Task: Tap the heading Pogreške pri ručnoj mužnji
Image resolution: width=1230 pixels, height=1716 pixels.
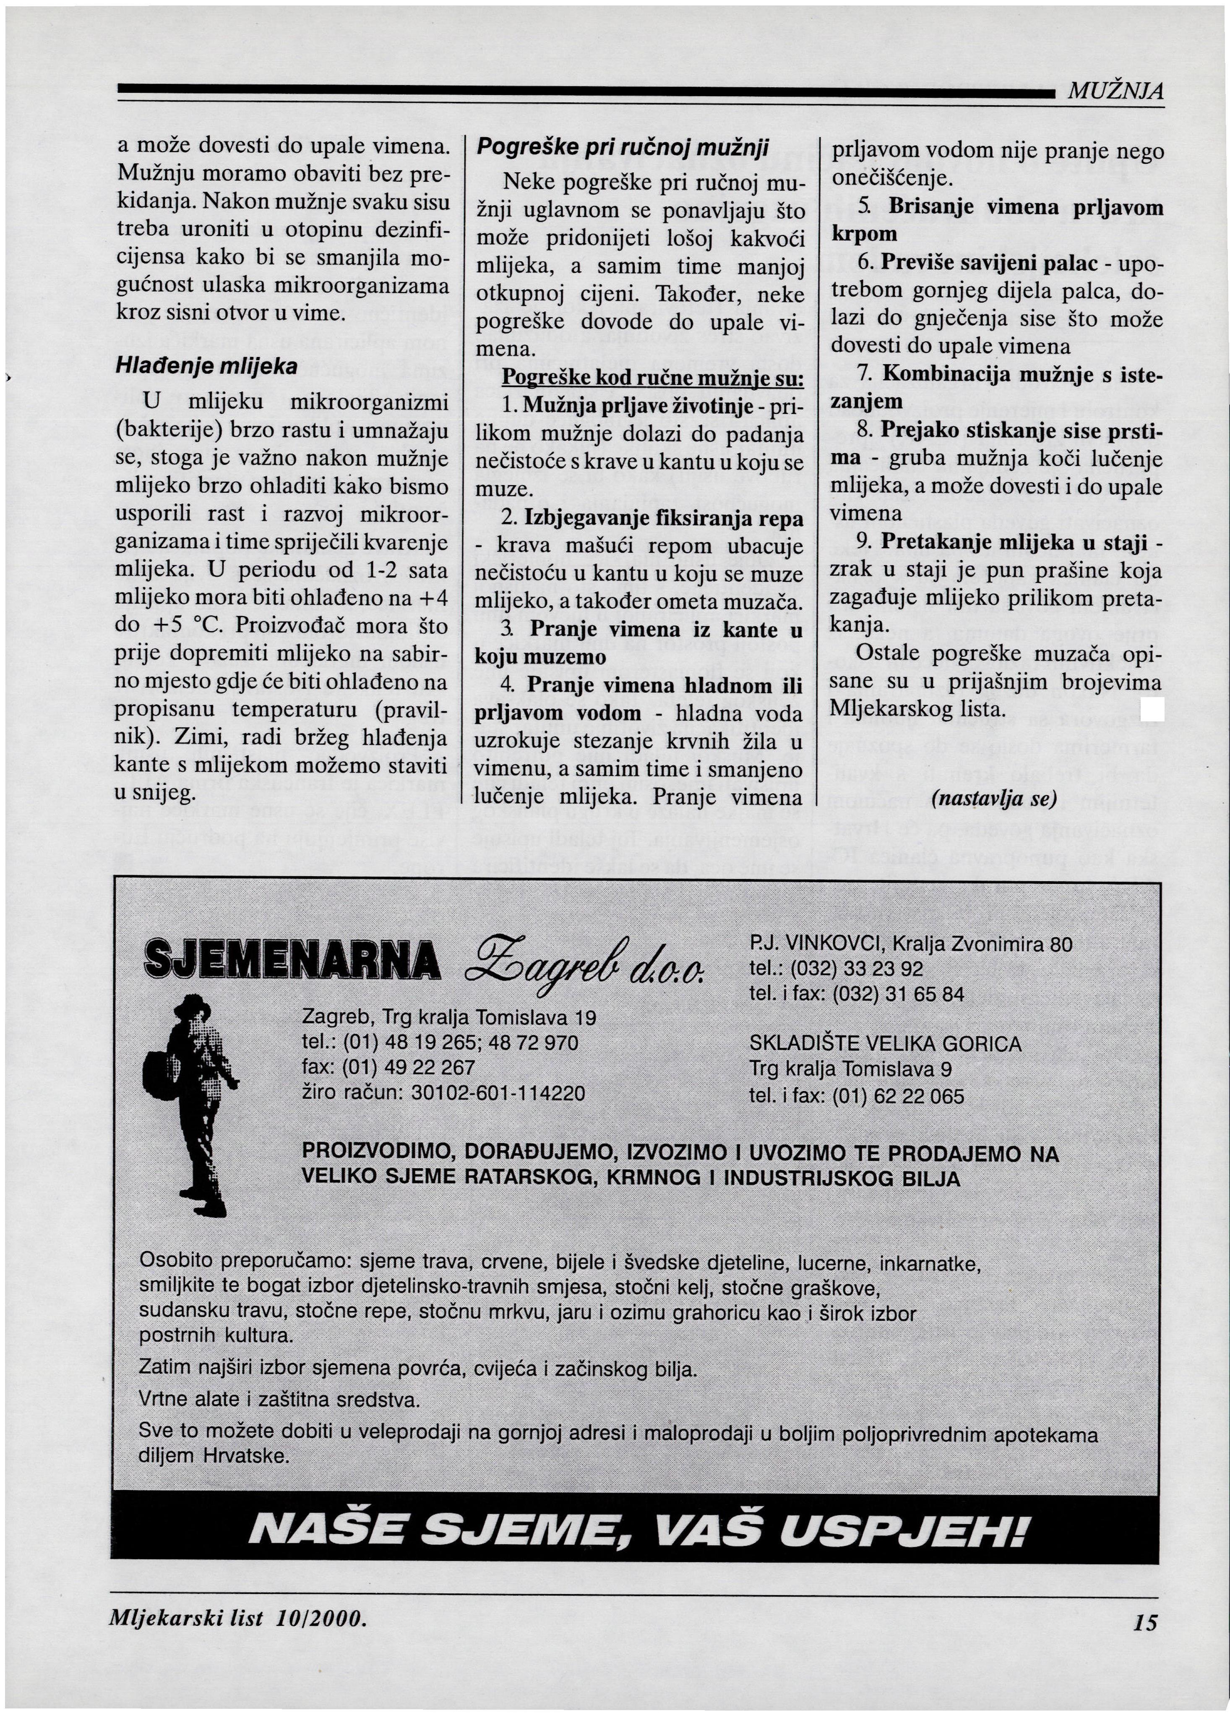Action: (623, 148)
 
